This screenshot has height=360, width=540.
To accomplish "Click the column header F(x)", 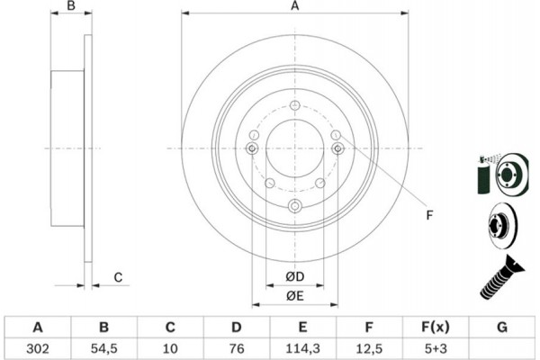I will pos(436,326).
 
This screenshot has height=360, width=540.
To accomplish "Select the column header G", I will pos(501,326).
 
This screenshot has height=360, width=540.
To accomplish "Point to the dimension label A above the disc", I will pos(293,7).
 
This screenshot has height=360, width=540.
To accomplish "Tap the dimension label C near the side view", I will pos(117,278).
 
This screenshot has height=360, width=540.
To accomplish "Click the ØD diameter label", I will pos(293,274).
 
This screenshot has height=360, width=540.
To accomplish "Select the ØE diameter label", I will pos(293,296).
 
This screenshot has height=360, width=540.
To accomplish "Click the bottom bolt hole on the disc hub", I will pos(294,208).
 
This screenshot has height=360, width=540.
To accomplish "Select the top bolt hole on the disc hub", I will pos(294,104).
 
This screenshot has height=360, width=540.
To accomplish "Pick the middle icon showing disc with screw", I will pos(499,222).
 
